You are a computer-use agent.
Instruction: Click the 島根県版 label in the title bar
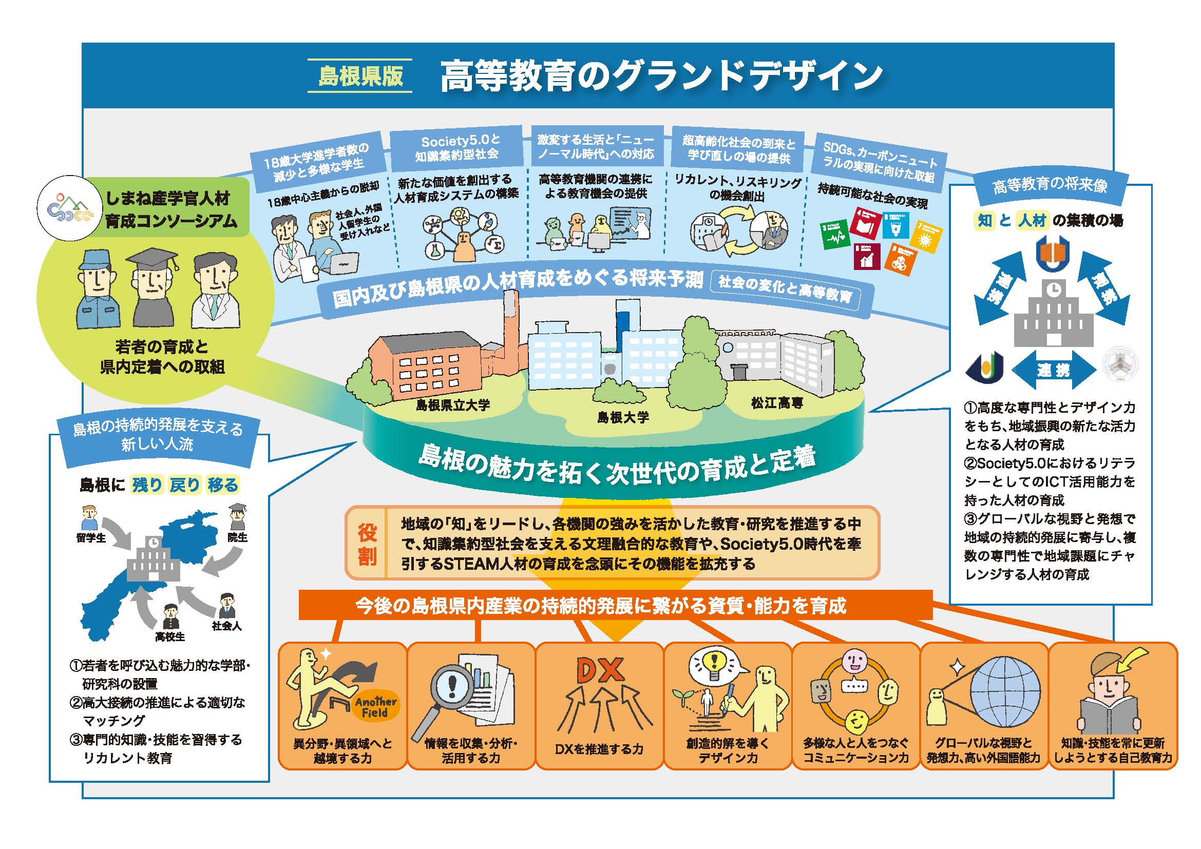(360, 75)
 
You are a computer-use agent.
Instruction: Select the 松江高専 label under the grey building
(777, 402)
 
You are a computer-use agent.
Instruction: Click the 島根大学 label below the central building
(623, 417)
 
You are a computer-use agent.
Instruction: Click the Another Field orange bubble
(375, 707)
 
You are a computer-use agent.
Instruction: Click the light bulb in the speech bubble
(713, 664)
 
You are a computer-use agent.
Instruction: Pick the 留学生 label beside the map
(90, 537)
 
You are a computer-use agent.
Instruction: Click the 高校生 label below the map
(169, 636)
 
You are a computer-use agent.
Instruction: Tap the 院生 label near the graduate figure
(238, 537)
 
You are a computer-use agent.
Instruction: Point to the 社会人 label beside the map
(226, 625)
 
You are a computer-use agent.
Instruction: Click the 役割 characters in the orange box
(367, 544)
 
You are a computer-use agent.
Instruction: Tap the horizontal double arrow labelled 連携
(1054, 371)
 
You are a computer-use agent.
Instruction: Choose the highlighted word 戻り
(185, 485)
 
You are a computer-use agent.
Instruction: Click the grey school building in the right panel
(1054, 314)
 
